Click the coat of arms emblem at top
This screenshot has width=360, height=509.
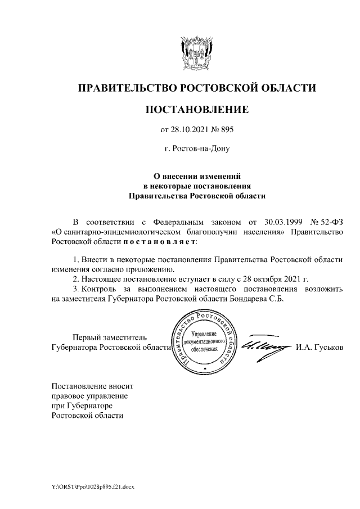[x=197, y=54]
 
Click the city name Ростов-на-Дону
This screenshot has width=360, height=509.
[x=196, y=149]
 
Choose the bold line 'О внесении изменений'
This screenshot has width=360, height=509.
[x=196, y=175]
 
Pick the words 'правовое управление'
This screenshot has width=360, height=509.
[x=89, y=395]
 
